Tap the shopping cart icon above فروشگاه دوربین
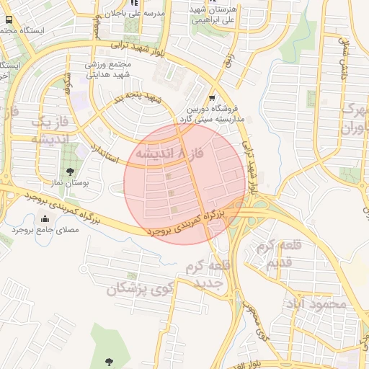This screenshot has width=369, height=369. pos(211,97)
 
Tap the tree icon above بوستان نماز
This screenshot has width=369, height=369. pos(69,171)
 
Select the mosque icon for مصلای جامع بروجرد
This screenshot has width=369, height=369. pos(46,218)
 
